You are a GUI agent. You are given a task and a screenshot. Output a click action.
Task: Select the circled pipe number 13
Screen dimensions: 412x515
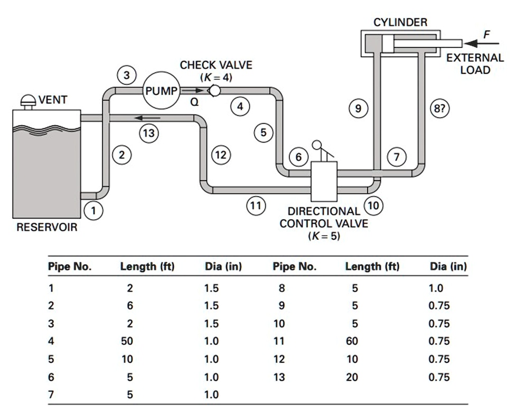pyautogui.click(x=149, y=133)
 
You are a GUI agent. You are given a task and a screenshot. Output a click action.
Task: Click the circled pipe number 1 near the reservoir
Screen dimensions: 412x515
pyautogui.click(x=93, y=211)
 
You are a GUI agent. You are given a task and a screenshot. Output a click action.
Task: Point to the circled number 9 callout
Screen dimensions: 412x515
pyautogui.click(x=358, y=109)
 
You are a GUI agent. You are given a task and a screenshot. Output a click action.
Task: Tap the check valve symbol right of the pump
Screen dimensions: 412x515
pyautogui.click(x=214, y=91)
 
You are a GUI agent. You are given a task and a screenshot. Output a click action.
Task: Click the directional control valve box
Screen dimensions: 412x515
pyautogui.click(x=324, y=180)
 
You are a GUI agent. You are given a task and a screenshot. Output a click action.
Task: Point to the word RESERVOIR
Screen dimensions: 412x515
pyautogui.click(x=47, y=228)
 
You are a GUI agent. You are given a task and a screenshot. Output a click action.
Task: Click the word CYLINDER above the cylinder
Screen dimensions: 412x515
pyautogui.click(x=400, y=22)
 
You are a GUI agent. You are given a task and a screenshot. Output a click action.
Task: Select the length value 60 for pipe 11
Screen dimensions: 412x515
pyautogui.click(x=352, y=341)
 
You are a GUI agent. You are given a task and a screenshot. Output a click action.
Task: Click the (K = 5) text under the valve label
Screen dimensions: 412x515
pyautogui.click(x=324, y=236)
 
